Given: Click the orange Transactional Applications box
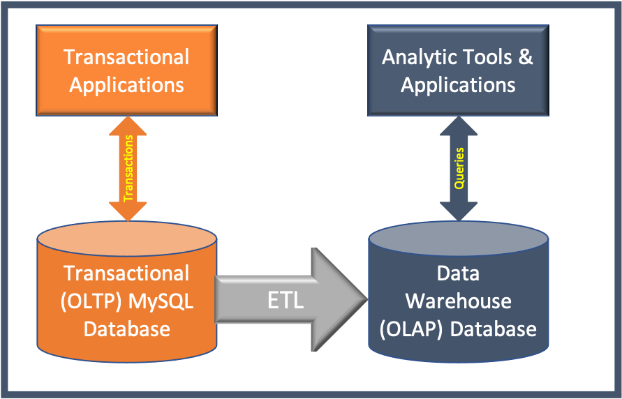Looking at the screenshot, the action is (126, 70).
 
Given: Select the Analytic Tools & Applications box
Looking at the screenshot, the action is (458, 70).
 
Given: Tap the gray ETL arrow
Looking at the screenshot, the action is (292, 299).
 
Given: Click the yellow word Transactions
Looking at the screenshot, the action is (128, 168).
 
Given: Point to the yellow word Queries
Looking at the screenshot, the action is (459, 168).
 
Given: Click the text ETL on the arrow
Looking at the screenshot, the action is (286, 301).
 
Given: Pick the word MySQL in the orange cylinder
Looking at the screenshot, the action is (161, 301).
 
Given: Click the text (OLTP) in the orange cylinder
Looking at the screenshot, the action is (91, 301).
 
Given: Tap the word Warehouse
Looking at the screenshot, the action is (458, 301).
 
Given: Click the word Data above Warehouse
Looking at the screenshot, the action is (458, 274).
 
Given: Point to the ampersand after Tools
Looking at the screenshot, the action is (525, 57).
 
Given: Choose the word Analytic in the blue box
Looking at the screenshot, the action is (418, 58).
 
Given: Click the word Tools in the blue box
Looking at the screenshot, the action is (486, 57).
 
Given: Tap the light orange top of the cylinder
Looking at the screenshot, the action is (126, 239).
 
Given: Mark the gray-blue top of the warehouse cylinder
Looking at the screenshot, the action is (458, 239).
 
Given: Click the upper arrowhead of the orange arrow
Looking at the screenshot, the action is (128, 126).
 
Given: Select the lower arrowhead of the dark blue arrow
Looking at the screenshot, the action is (459, 211).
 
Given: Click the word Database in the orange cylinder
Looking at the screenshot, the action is (126, 329).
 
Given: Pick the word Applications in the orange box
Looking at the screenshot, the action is (126, 86).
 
